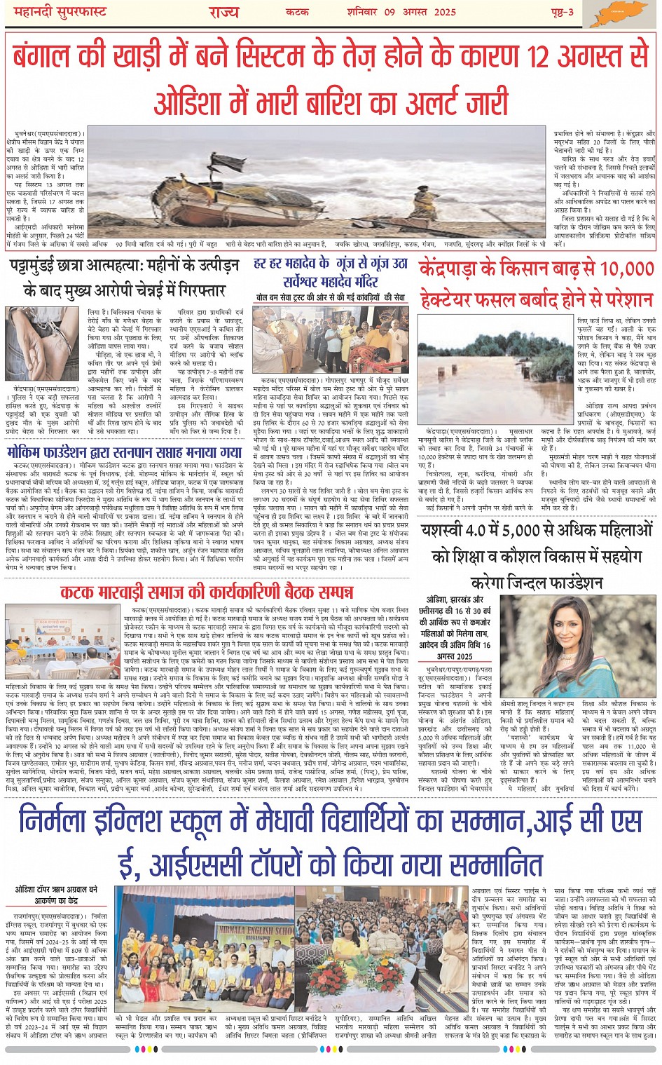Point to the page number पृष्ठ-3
(x=560, y=12)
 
